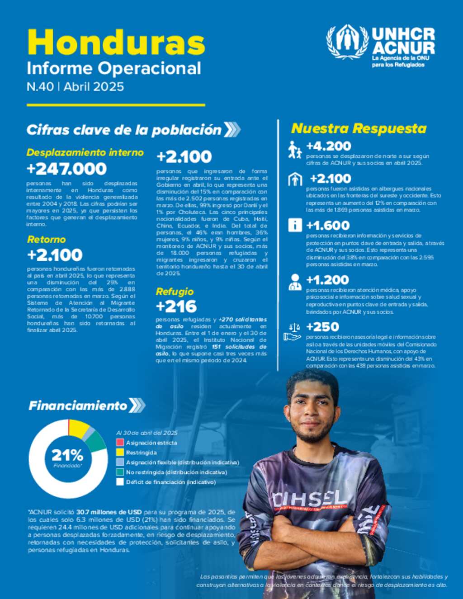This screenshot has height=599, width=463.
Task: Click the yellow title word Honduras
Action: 116,42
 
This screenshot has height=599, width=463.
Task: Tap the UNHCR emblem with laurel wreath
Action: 347,42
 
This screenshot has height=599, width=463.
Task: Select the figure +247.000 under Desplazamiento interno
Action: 66,169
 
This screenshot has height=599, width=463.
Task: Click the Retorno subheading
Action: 46,239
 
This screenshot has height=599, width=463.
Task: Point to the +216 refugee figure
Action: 176,306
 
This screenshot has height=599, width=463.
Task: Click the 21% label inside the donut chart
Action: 67,455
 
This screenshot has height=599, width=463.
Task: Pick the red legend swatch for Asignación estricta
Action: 120,443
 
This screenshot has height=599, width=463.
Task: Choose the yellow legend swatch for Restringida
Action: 120,452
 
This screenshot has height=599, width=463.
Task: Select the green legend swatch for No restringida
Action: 120,472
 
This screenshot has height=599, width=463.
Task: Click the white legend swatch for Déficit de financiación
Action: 120,482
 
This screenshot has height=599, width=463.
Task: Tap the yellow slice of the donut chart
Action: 78,427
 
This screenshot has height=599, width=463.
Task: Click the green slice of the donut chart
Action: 97,442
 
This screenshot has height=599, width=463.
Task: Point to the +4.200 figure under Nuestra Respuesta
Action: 328,146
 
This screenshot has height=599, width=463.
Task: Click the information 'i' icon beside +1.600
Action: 295,225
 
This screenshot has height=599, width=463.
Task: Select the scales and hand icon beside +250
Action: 292,331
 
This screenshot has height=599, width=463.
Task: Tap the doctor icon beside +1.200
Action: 295,282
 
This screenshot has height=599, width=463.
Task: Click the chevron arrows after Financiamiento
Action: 137,405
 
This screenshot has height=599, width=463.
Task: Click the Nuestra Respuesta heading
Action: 359,128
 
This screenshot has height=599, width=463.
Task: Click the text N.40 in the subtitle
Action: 40,86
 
